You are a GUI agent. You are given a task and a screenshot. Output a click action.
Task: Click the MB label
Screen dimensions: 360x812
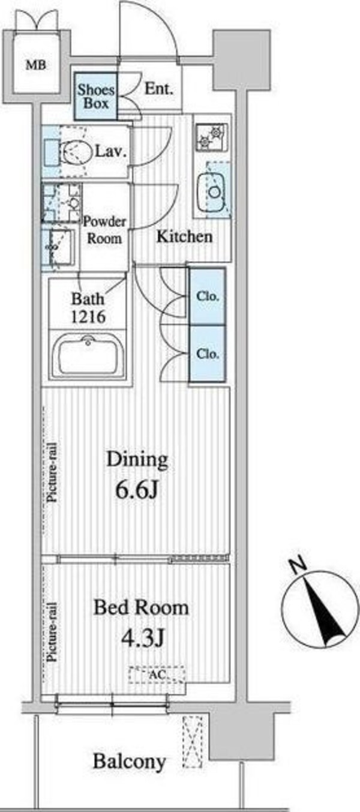(x=36, y=65)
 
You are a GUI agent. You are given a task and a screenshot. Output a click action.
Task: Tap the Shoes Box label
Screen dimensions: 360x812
(x=96, y=97)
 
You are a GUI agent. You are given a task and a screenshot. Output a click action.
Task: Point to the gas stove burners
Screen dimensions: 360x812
(x=212, y=137)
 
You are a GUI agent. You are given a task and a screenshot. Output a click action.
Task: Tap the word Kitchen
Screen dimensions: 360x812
(x=184, y=236)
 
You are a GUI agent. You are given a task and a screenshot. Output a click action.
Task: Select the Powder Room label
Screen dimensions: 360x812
(x=104, y=230)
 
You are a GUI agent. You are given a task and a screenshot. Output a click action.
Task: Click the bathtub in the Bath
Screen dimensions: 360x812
(x=88, y=355)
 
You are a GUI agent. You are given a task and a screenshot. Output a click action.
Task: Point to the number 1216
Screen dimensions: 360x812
(x=88, y=317)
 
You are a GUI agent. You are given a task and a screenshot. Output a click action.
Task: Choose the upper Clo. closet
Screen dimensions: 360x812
(x=208, y=296)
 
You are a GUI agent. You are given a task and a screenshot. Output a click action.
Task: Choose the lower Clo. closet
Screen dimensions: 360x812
(x=208, y=353)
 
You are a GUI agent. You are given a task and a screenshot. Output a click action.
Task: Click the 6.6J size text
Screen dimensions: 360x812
(x=137, y=491)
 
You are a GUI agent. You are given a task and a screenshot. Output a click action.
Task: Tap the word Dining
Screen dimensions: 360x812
(x=137, y=460)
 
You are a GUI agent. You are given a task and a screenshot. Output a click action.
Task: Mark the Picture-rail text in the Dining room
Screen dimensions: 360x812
(x=53, y=472)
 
